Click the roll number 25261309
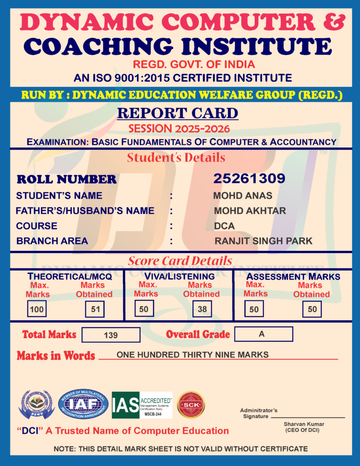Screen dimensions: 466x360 click(249, 178)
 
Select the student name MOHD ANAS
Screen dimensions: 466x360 click(243, 196)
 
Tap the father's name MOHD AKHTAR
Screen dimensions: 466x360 click(250, 211)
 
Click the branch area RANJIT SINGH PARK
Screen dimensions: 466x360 click(264, 241)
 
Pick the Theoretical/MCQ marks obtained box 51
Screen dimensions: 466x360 click(95, 309)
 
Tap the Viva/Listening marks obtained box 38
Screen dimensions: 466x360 click(202, 309)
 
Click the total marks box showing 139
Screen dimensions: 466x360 click(111, 335)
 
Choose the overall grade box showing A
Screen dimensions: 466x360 click(264, 334)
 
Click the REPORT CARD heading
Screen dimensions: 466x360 click(177, 113)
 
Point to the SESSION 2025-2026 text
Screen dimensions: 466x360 click(179, 129)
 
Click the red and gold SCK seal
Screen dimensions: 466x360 click(191, 405)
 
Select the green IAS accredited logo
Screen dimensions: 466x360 click(142, 405)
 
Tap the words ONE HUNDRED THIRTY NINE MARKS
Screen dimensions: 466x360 click(193, 355)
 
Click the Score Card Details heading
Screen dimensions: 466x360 click(180, 261)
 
